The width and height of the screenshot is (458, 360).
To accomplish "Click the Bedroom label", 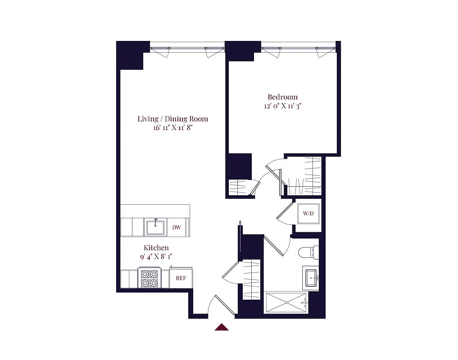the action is tap(282, 97).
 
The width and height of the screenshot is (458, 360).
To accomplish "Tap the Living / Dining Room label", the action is tap(172, 119).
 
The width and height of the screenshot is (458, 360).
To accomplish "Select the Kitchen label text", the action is tap(156, 248).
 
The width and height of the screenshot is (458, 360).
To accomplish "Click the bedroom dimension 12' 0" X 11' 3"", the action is tap(282, 106).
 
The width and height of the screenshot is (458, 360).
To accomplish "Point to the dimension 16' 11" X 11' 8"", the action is tap(173, 128).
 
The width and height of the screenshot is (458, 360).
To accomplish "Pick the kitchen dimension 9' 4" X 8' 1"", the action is tap(156, 257).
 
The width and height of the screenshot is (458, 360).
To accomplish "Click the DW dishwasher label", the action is tap(177, 227).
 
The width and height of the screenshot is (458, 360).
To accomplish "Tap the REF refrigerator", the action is tap(181, 278).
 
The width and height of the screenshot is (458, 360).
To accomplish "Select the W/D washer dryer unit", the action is tap(308, 213).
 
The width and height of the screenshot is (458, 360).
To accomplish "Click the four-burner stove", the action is tap(149, 278).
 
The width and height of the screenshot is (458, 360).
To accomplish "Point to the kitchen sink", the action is tap(156, 227).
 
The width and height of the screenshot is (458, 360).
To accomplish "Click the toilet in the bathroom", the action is tap(308, 252).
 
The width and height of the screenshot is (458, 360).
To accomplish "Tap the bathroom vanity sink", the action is tap(312, 278).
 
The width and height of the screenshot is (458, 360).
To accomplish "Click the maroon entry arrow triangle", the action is tap(222, 327).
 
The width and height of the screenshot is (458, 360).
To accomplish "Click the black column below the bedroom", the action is tap(240, 166).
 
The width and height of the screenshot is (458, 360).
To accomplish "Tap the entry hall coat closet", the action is tap(251, 279).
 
